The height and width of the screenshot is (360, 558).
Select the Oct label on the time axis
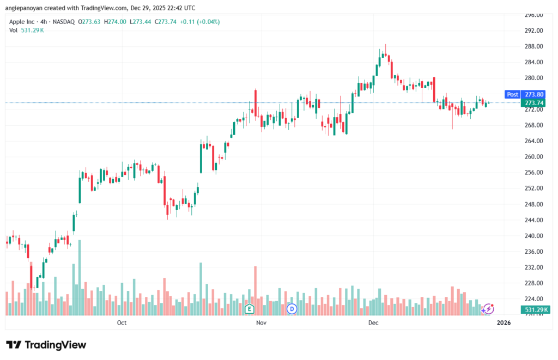coord(122,322)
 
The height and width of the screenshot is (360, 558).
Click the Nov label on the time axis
coord(261,322)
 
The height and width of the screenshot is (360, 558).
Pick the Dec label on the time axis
coord(373,322)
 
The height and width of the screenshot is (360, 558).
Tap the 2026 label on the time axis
coord(504,322)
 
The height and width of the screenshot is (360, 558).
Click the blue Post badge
coord(513,94)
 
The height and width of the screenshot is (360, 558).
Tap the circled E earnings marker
coord(250,309)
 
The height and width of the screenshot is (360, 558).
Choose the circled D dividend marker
coord(292,309)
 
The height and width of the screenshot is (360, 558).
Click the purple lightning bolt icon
coord(488,309)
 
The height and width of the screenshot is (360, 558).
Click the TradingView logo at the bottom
coord(46,345)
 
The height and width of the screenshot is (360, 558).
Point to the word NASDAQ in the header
coord(63,22)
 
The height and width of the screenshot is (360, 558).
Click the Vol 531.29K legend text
coord(27,30)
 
